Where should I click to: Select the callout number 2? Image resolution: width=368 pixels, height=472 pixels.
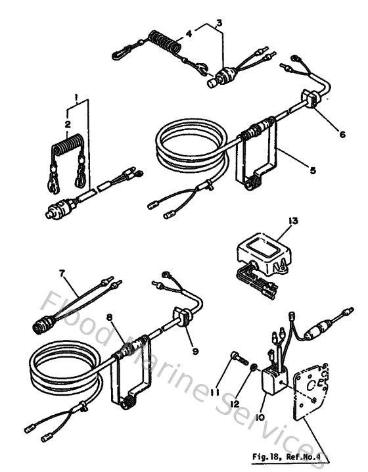66,123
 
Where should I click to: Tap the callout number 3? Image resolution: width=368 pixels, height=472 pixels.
219,22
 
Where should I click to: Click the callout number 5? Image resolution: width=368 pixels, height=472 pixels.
312,170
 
